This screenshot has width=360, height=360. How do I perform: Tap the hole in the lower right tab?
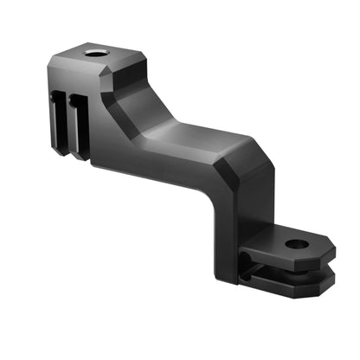[x=296, y=245]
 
